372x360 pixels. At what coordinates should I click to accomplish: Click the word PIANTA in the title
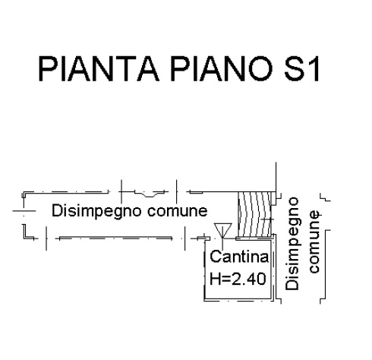99,68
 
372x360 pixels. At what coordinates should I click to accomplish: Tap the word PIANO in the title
222,68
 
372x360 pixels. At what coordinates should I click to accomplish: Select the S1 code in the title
301,68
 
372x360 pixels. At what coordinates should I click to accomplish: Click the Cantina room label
239,257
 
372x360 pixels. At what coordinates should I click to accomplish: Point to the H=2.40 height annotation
238,279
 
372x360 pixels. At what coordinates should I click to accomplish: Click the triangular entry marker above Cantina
222,230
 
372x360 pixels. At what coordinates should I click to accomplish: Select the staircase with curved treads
255,214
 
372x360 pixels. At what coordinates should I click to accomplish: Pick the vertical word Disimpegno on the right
292,244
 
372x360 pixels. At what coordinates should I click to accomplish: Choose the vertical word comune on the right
314,242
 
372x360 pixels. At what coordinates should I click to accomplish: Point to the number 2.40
248,279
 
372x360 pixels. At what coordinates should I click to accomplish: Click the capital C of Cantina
216,257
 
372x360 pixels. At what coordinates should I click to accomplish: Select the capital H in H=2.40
215,279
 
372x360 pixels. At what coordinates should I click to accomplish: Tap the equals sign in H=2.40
225,279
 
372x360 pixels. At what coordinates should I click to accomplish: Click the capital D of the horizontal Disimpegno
57,210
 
